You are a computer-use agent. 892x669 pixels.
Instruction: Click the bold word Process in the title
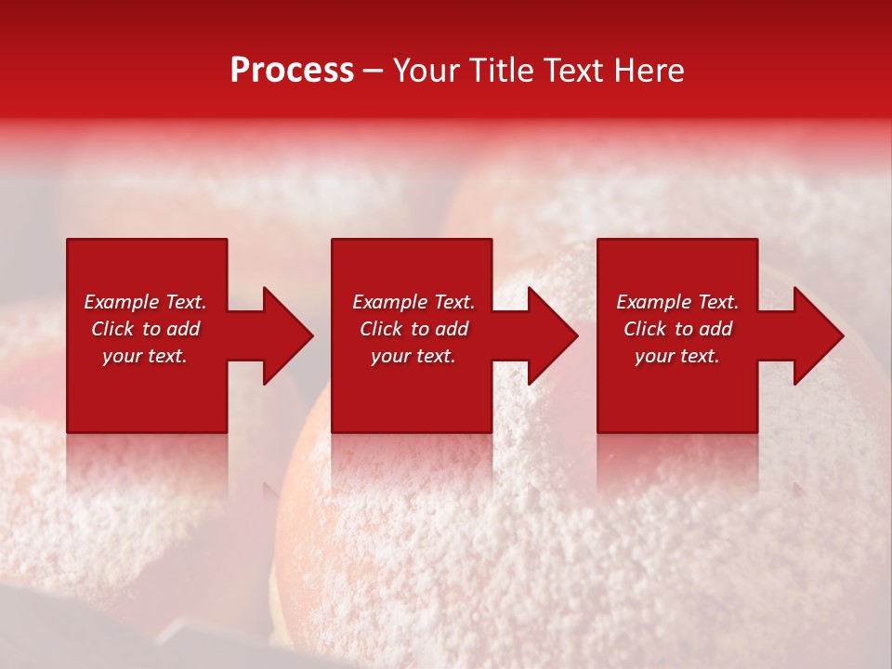click(292, 71)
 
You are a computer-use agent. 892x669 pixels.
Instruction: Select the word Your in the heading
click(426, 71)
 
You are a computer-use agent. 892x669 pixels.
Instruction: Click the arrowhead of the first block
click(286, 335)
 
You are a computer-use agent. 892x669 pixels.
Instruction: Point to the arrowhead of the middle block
click(551, 335)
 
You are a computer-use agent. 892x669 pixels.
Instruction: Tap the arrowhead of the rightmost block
click(817, 335)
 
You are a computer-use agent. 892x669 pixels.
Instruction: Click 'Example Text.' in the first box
click(145, 302)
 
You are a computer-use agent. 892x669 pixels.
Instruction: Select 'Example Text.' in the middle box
click(413, 302)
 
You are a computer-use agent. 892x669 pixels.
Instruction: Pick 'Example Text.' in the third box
click(677, 302)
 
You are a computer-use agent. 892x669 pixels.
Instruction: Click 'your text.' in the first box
click(145, 356)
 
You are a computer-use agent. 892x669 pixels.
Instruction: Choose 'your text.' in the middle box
click(413, 356)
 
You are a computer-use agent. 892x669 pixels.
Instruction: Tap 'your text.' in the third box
click(677, 356)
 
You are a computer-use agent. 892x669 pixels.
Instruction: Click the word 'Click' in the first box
click(113, 329)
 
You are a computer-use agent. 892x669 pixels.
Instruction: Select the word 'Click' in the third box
click(646, 329)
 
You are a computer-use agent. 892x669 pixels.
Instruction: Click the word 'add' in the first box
click(184, 329)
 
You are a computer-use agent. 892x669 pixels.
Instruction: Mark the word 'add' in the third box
click(716, 329)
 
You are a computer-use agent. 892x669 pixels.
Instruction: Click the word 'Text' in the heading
click(575, 71)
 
